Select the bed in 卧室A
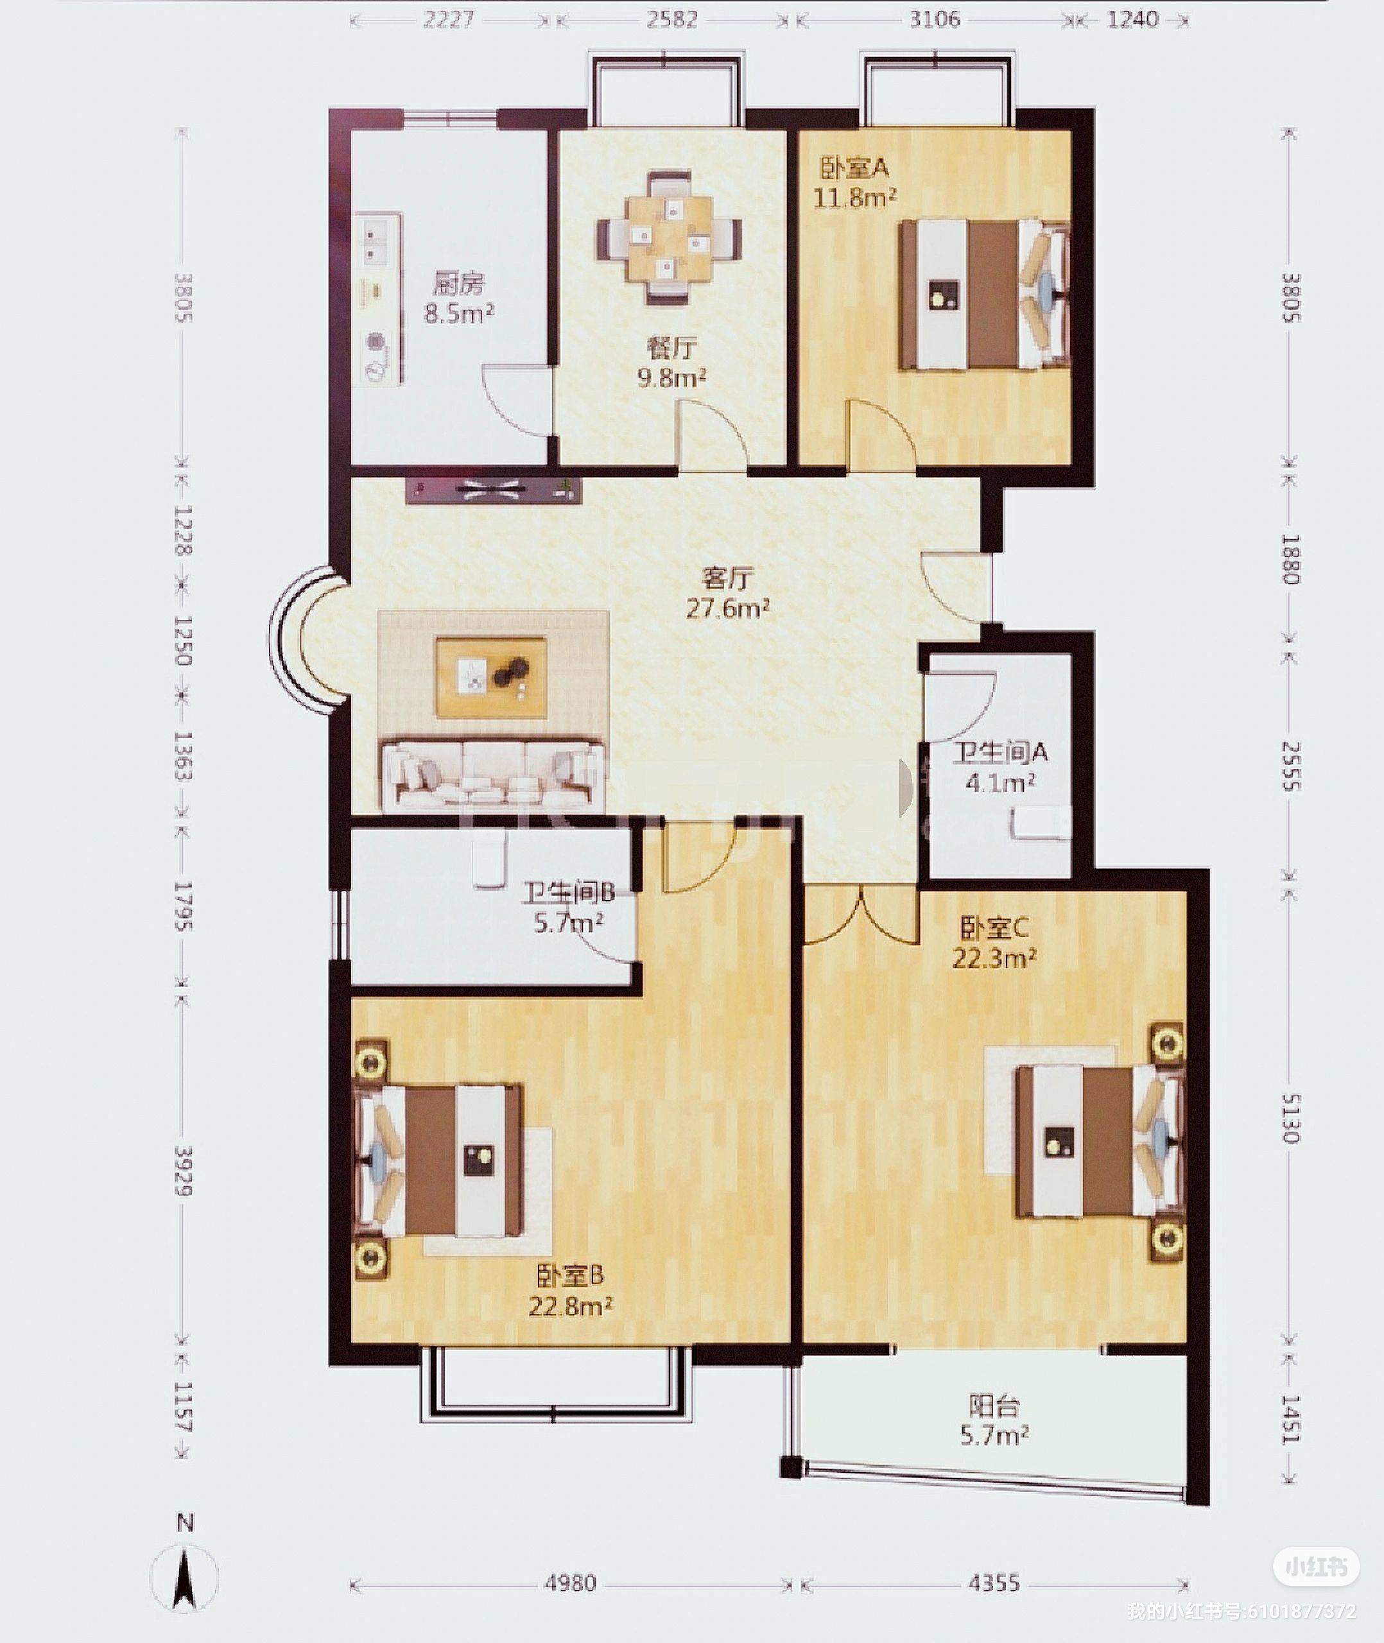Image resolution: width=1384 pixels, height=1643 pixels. click(x=985, y=295)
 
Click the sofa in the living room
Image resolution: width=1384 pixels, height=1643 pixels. click(x=494, y=774)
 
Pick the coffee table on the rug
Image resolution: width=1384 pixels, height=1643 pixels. click(x=492, y=678)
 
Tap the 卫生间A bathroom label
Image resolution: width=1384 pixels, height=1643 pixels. click(x=1000, y=753)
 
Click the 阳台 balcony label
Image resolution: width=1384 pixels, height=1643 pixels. click(x=994, y=1406)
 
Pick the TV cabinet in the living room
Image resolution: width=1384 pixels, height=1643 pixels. click(x=494, y=490)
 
